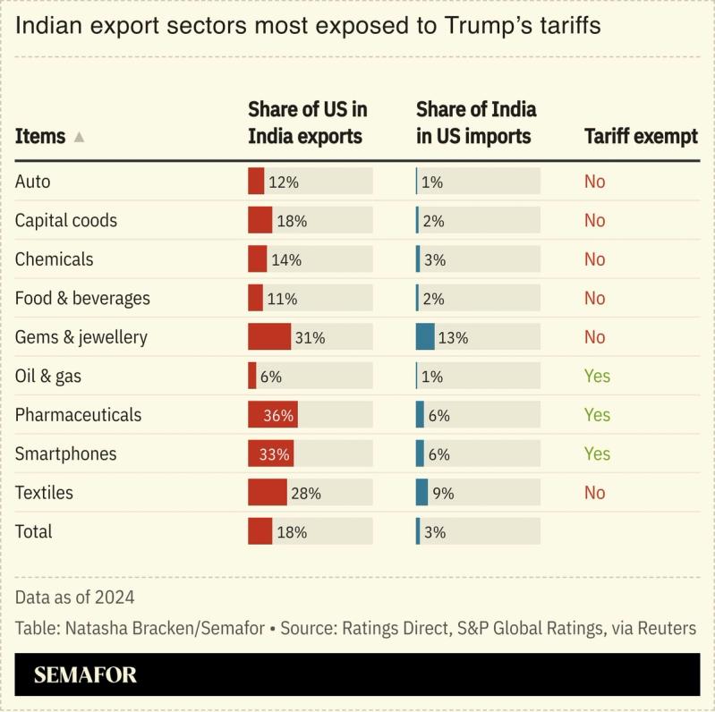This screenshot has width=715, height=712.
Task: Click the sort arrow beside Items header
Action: (79, 137)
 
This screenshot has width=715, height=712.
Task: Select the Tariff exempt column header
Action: (641, 136)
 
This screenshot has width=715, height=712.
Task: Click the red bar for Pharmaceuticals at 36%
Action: (272, 415)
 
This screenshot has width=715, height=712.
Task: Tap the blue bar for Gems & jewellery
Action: (425, 337)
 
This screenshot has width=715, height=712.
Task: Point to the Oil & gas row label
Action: (47, 376)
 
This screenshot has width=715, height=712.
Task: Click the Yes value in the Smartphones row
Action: (597, 453)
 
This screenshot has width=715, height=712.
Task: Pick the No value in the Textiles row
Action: (594, 493)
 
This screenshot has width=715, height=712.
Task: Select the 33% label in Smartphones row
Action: (275, 454)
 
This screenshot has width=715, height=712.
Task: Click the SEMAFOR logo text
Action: (85, 674)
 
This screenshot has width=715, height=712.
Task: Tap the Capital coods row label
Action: (65, 220)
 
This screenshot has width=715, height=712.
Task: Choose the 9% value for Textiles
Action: (444, 493)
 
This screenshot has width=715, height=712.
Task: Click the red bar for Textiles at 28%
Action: (267, 493)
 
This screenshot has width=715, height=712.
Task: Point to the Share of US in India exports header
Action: (307, 123)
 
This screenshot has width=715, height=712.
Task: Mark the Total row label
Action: (33, 531)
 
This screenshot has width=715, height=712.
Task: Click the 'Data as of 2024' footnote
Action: (74, 597)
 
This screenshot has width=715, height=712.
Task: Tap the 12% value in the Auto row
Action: (283, 182)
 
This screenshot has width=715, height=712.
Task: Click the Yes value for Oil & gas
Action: (597, 376)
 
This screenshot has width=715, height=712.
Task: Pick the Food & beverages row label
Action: (82, 298)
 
